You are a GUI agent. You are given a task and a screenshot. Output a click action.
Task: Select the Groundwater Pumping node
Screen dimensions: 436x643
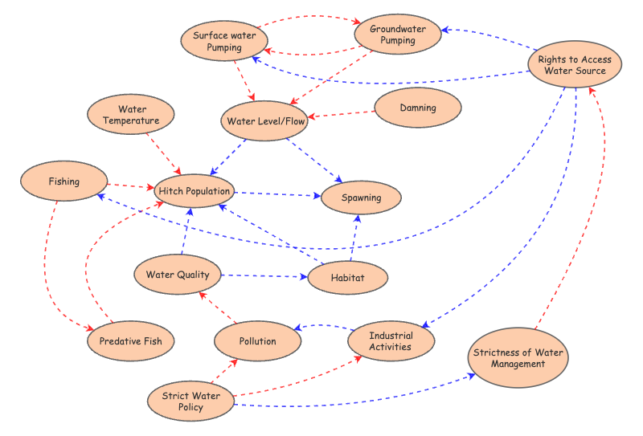click(399, 35)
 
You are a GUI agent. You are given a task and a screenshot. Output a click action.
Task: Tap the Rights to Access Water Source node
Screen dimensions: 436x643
click(574, 65)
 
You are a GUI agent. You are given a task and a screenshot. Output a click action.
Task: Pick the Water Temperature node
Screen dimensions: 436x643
click(132, 115)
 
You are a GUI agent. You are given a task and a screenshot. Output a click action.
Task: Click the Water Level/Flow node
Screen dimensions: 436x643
click(264, 121)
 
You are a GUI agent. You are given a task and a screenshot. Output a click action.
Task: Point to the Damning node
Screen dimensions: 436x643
click(417, 108)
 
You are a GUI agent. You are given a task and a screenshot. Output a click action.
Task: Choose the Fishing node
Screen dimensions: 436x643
click(64, 181)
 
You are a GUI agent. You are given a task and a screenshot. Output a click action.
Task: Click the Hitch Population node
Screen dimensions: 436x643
click(195, 191)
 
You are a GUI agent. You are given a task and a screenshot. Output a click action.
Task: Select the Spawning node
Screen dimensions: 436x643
click(361, 198)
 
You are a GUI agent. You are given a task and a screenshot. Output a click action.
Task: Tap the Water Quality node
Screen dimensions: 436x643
click(178, 275)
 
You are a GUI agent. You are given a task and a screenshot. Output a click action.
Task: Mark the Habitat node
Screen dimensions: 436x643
click(347, 278)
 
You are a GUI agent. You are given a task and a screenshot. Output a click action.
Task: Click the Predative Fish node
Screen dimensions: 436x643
click(130, 341)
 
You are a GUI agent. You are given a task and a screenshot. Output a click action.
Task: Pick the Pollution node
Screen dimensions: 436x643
click(257, 341)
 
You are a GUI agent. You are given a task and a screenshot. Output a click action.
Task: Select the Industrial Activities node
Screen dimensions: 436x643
click(391, 341)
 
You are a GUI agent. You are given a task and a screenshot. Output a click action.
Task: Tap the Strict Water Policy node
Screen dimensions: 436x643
click(191, 401)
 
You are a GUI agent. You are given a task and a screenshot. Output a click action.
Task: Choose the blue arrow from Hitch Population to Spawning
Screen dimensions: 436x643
click(278, 194)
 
